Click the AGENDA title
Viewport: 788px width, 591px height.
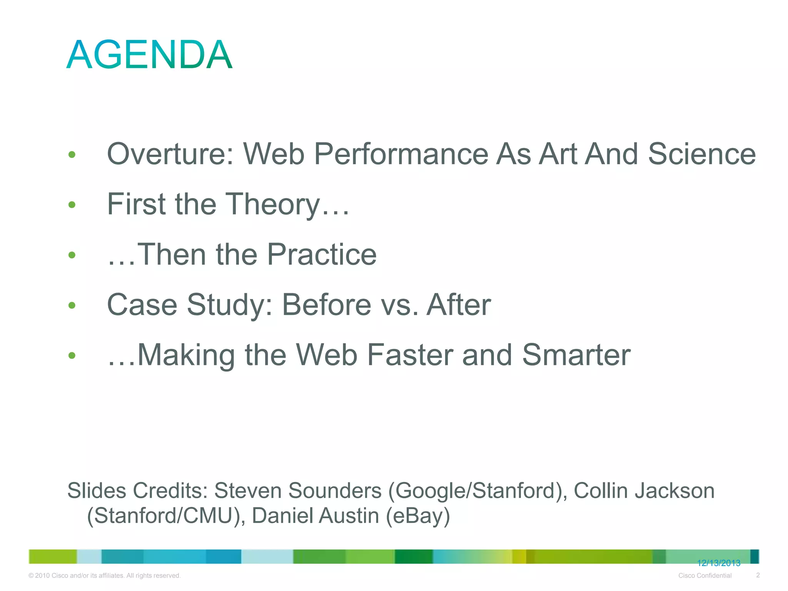(x=149, y=55)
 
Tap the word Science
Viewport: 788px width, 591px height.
(x=701, y=154)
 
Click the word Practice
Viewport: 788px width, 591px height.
(x=322, y=254)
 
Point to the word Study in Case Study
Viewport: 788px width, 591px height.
(x=230, y=305)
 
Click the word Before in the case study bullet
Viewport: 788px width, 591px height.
(x=327, y=305)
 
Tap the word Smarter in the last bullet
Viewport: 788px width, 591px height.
(x=576, y=355)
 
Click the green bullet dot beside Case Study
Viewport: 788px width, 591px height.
(x=72, y=306)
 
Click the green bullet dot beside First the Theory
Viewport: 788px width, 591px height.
(x=72, y=205)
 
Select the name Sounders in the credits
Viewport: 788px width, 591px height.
(x=334, y=491)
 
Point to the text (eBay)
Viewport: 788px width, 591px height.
(x=418, y=516)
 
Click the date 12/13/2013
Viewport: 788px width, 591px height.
(x=718, y=563)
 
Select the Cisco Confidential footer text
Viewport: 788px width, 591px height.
(x=705, y=576)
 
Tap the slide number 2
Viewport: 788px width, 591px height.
(x=758, y=575)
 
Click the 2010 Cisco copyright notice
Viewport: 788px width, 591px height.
(x=104, y=576)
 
